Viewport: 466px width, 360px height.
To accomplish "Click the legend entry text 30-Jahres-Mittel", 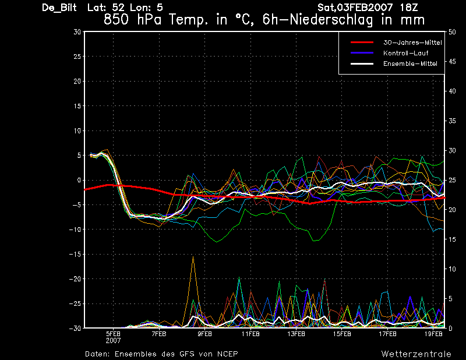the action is [412, 43].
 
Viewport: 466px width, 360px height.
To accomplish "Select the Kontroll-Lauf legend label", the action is [405, 53].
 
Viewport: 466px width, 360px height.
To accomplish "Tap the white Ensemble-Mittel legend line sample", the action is [362, 63].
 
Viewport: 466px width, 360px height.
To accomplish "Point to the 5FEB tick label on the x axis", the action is [113, 334].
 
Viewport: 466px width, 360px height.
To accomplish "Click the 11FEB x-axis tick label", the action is [250, 334].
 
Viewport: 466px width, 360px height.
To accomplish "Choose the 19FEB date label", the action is [433, 334].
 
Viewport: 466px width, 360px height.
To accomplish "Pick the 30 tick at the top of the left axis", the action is [77, 32].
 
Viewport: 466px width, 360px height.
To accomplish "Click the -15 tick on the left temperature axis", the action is [75, 254].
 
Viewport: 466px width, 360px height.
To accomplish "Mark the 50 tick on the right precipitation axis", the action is [452, 32].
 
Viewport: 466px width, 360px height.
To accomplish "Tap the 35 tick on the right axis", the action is [452, 121].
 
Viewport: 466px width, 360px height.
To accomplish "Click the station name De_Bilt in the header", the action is [59, 8].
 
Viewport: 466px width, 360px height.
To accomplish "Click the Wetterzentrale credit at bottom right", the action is [416, 354].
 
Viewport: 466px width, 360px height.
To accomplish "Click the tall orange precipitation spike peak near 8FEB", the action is [193, 256].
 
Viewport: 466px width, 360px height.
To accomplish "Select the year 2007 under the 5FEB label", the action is [113, 340].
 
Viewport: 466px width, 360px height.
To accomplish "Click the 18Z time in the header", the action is [409, 8].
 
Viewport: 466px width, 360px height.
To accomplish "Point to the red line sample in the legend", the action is [362, 43].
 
